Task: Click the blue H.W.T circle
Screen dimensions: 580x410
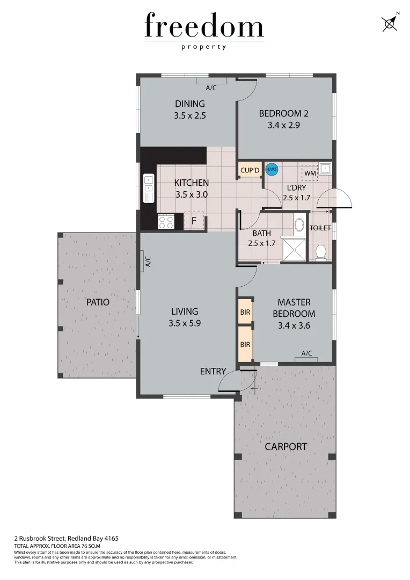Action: (x=272, y=170)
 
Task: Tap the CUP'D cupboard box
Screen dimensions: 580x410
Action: (x=250, y=171)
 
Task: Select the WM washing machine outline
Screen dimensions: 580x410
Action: (x=310, y=173)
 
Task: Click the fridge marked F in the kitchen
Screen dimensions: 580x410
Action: (x=194, y=220)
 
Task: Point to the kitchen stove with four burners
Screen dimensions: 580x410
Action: (x=165, y=221)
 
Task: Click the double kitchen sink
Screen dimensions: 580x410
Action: (x=148, y=190)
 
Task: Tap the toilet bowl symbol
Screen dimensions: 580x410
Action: (x=321, y=252)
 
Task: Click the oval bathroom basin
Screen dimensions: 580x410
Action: (x=299, y=224)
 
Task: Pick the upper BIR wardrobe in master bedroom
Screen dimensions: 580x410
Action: (x=245, y=311)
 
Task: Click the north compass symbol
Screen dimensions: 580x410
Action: (x=390, y=23)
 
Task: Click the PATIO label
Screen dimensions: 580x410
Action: (x=98, y=302)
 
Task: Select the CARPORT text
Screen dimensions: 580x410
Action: (x=285, y=446)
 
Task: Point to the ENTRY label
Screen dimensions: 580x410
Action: (x=213, y=372)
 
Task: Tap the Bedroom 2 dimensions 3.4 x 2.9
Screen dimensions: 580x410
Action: (x=283, y=125)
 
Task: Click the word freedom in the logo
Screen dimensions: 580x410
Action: (x=204, y=27)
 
